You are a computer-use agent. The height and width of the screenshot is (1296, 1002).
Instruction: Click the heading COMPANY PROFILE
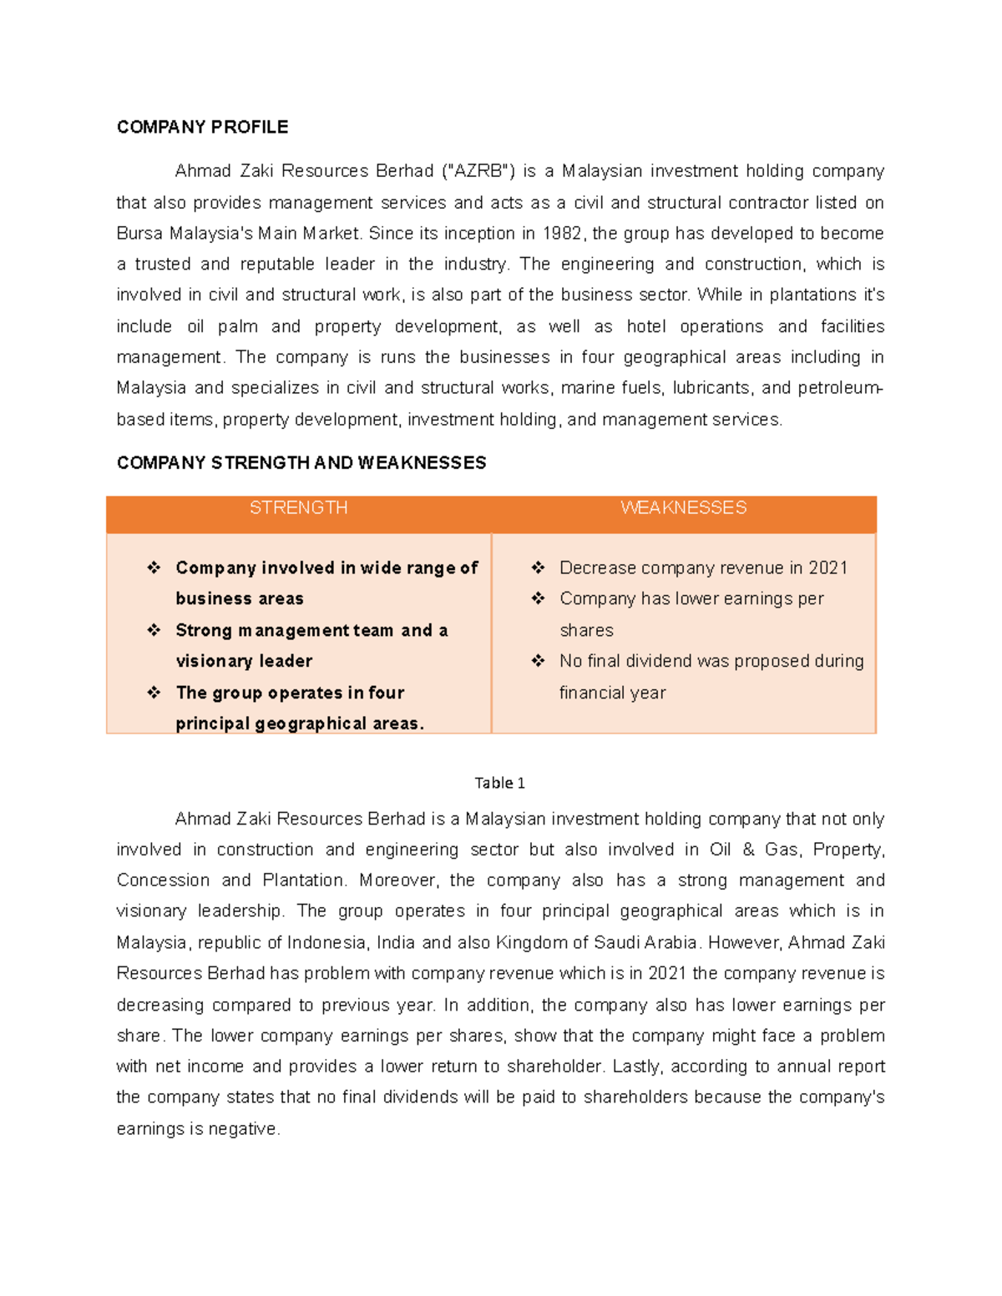(202, 127)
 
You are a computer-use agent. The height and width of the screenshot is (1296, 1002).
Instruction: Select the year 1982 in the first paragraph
(564, 234)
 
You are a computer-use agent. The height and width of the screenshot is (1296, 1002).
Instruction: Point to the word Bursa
(139, 234)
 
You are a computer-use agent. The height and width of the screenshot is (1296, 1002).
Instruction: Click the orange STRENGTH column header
(298, 508)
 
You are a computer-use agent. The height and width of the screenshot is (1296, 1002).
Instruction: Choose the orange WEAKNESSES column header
(683, 508)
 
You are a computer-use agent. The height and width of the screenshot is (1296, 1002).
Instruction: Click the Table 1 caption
(499, 783)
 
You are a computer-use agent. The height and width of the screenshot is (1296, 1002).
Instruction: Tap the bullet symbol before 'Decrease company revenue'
(538, 567)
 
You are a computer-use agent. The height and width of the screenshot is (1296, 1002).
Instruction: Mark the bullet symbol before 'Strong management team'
(154, 630)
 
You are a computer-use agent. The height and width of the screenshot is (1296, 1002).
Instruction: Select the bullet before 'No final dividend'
(538, 661)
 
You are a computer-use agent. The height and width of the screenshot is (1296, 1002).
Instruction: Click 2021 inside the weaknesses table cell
(828, 568)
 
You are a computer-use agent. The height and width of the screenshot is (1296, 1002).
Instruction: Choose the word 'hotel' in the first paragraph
(646, 326)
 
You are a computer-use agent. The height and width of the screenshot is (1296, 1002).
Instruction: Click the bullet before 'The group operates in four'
(154, 693)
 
